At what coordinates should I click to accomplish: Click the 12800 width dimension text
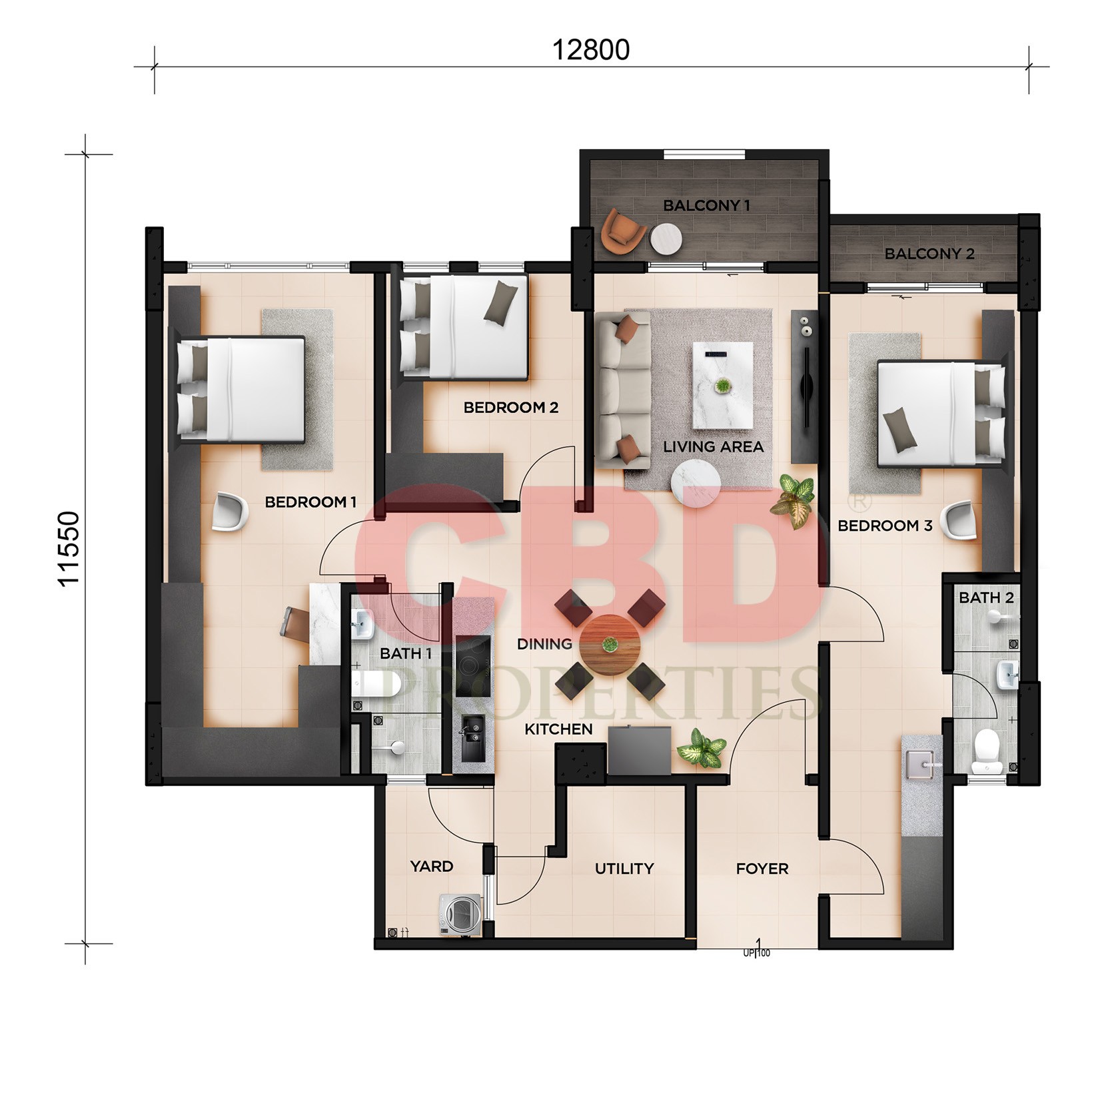[591, 51]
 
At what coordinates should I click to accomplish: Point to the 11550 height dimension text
[69, 548]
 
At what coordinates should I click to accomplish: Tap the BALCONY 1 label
[706, 206]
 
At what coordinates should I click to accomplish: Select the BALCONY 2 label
[929, 254]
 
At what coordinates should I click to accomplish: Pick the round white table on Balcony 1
[666, 239]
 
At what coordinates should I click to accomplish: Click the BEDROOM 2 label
[511, 407]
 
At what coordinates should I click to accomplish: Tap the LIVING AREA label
[713, 447]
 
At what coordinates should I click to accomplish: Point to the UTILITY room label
[624, 869]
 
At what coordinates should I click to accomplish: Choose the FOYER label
[762, 869]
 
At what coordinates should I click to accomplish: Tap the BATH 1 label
[406, 654]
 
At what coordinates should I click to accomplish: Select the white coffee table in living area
[723, 386]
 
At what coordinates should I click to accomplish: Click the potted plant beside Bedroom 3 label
[793, 501]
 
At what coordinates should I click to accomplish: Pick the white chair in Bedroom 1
[230, 511]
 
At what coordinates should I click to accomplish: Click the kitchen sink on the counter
[472, 736]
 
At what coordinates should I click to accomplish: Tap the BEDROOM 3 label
[885, 526]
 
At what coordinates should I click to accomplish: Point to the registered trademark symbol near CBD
[851, 500]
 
